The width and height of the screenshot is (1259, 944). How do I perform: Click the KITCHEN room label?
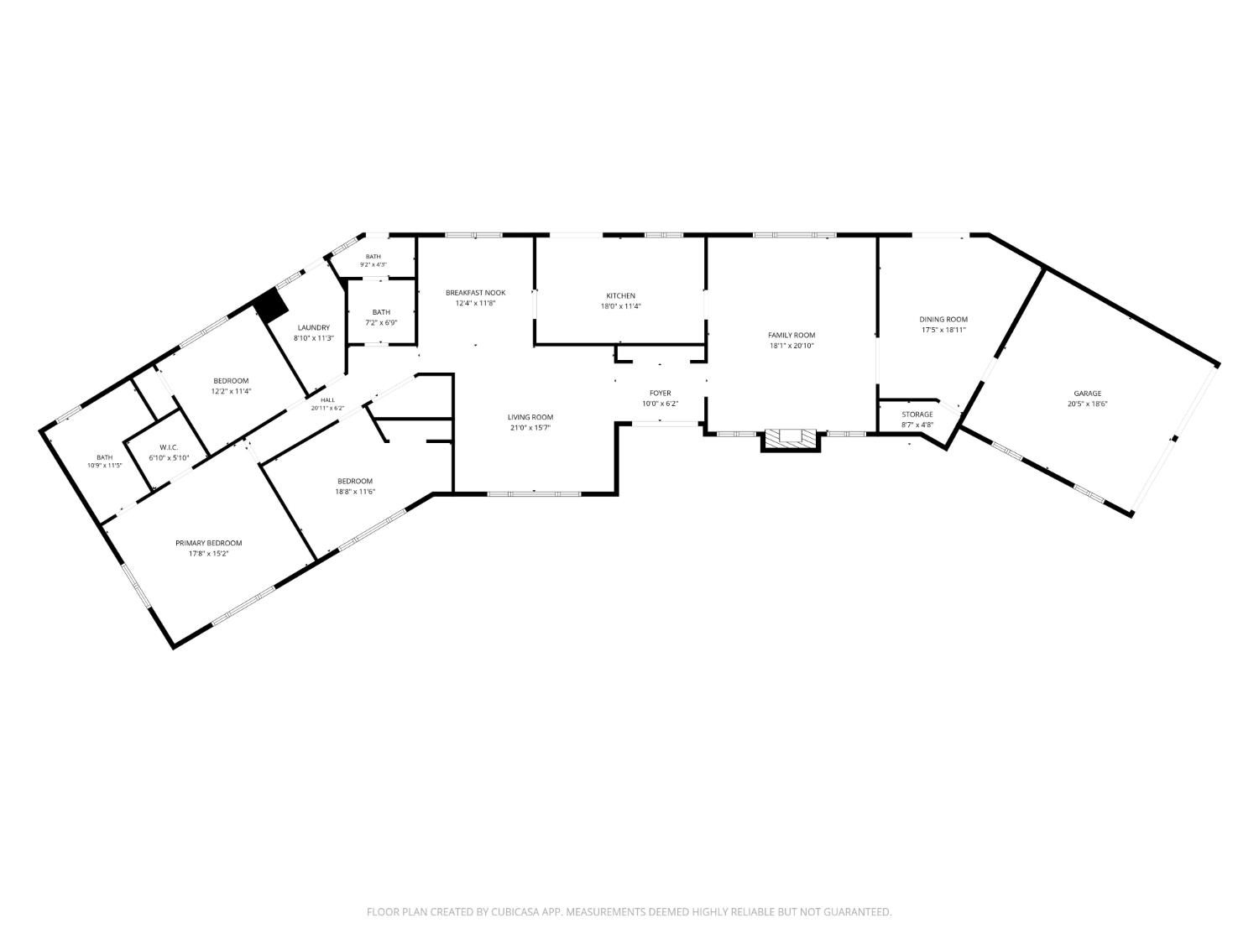(x=620, y=295)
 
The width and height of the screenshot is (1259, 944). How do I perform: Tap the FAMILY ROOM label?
(x=791, y=336)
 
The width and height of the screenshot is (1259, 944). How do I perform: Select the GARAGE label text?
(x=1088, y=394)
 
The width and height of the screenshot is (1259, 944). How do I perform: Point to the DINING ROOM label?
(x=943, y=320)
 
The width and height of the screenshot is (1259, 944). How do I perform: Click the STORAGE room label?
(x=917, y=415)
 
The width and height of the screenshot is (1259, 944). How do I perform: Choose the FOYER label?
(x=661, y=394)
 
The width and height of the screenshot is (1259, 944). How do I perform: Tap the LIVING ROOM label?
(x=530, y=417)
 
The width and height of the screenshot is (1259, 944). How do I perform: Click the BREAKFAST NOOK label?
(x=476, y=293)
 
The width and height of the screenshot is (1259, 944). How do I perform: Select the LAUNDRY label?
(x=314, y=328)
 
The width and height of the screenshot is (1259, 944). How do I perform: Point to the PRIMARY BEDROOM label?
(x=209, y=543)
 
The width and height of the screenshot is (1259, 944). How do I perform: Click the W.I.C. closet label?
(x=170, y=447)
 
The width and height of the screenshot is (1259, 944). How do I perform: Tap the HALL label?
(x=327, y=400)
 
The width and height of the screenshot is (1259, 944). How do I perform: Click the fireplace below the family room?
(x=791, y=440)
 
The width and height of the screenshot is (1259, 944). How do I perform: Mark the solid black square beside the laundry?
(x=271, y=305)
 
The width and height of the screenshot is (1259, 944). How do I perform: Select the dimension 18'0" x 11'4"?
(x=620, y=306)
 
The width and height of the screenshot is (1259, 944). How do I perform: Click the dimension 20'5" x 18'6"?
(x=1088, y=404)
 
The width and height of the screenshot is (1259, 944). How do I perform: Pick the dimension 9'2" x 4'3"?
(x=374, y=265)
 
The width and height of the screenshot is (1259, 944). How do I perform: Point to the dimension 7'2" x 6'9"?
(x=381, y=323)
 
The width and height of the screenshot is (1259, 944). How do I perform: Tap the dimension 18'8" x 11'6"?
(x=355, y=492)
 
